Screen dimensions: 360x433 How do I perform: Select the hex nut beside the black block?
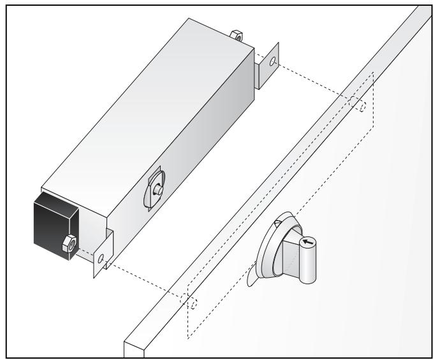pyautogui.click(x=68, y=243)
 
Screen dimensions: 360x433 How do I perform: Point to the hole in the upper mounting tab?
pyautogui.click(x=272, y=64)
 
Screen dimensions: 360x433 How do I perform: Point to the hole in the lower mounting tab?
pyautogui.click(x=100, y=258)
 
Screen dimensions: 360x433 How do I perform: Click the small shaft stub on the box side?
pyautogui.click(x=157, y=189)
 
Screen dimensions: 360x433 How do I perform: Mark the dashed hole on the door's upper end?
pyautogui.click(x=362, y=107)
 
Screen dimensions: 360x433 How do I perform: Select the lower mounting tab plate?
pyautogui.click(x=102, y=255)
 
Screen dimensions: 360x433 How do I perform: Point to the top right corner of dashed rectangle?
pyautogui.click(x=372, y=73)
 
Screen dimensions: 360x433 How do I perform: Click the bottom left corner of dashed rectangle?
pyautogui.click(x=187, y=336)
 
